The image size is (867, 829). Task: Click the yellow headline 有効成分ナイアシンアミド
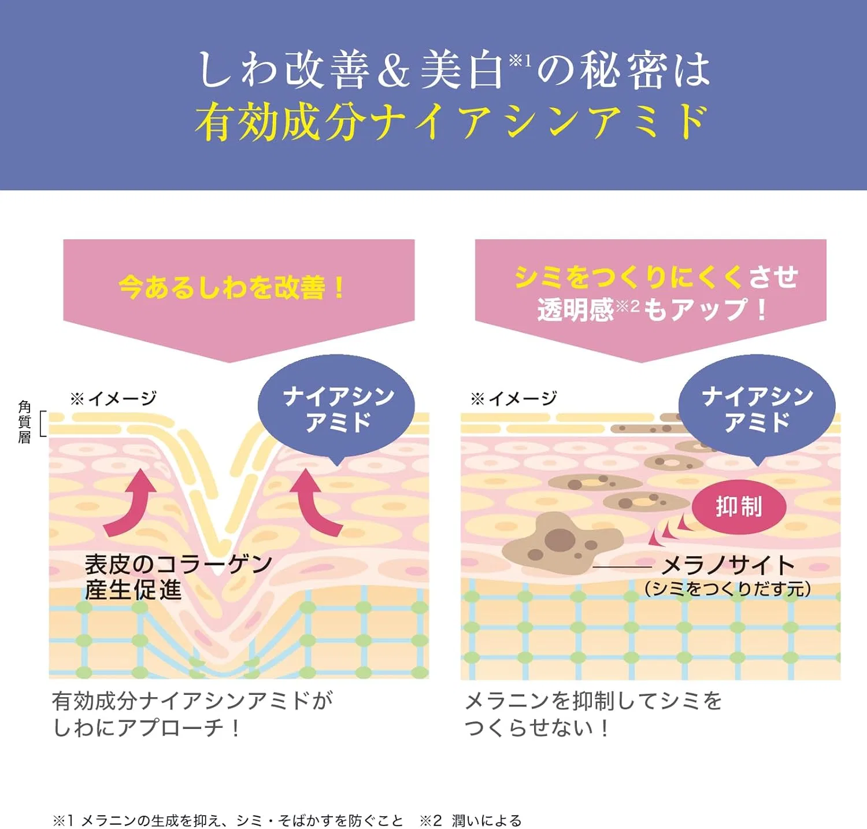451,123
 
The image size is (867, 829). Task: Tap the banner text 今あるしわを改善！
232,287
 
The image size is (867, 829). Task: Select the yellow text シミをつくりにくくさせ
656,277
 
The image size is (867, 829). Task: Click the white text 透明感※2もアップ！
653,310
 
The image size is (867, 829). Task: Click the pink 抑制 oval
739,506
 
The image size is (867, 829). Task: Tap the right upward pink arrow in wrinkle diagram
315,502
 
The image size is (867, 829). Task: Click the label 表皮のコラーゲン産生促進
178,576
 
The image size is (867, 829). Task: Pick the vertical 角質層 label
24,422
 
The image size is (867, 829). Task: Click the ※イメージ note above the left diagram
113,398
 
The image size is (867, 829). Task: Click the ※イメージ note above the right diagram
514,398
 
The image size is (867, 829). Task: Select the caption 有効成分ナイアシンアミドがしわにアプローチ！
192,714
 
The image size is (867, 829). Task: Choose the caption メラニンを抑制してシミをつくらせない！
594,714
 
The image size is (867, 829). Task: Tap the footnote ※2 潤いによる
470,820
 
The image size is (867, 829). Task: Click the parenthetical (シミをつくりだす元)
728,589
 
